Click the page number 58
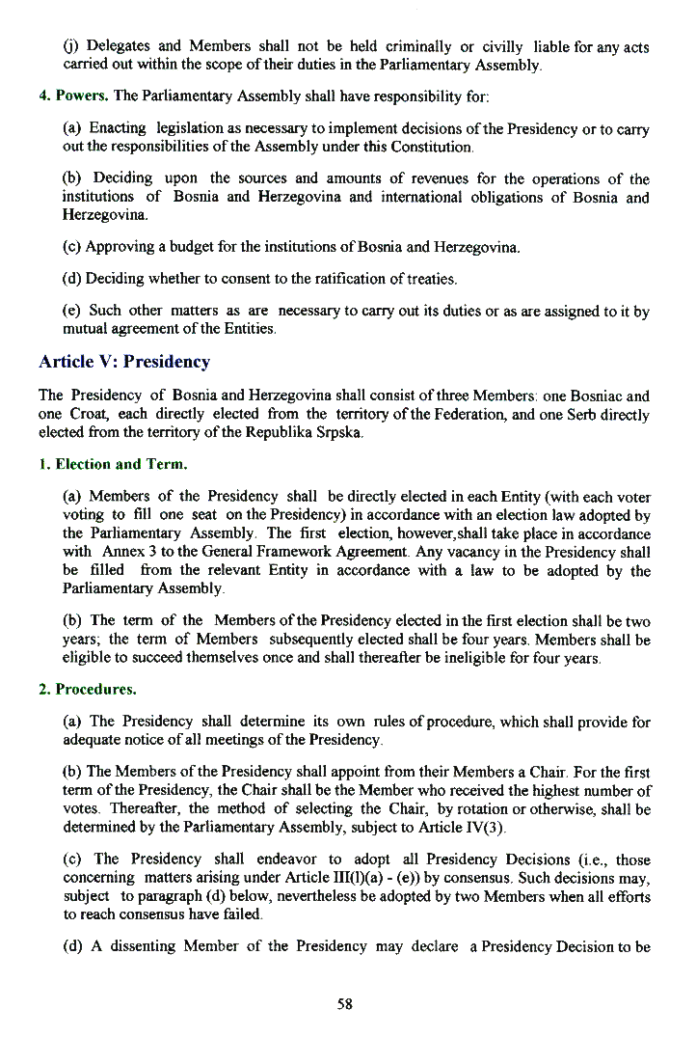(x=345, y=1003)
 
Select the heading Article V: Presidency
(x=123, y=362)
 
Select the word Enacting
(x=118, y=128)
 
